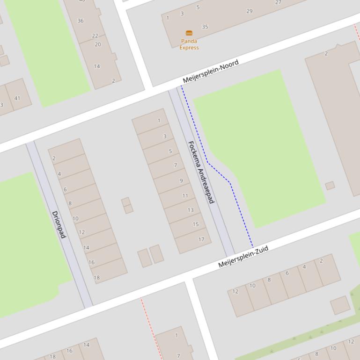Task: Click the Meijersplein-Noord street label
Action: tap(211, 71)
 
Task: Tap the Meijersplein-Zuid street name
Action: tap(243, 257)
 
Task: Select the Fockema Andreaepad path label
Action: tap(201, 172)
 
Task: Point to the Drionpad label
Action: tap(59, 224)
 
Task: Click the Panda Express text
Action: tap(189, 44)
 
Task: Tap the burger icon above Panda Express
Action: tap(189, 33)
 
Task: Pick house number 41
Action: tap(17, 98)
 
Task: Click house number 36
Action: tap(81, 21)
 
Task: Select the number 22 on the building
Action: tap(95, 36)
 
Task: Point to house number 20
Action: tap(97, 44)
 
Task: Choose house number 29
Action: tap(249, 11)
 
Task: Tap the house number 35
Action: tap(205, 27)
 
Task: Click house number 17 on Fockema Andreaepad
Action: tap(201, 239)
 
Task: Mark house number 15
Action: tap(196, 224)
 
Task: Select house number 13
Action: tap(191, 210)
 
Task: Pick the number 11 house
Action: tap(185, 196)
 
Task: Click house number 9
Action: tap(181, 180)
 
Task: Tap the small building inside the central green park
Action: tap(330, 186)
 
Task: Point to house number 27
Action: tap(278, 2)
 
